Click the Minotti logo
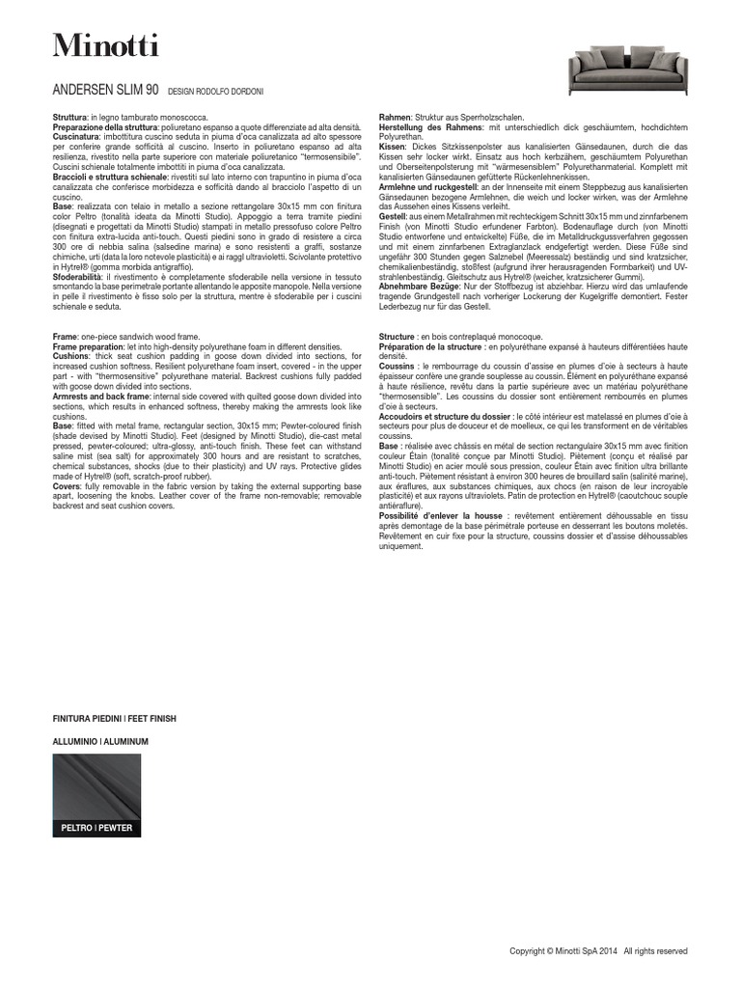(x=106, y=45)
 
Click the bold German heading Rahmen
(x=396, y=116)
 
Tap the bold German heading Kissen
(x=394, y=146)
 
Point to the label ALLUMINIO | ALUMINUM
(x=101, y=741)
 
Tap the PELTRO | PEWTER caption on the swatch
(x=96, y=828)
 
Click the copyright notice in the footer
(x=598, y=950)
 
